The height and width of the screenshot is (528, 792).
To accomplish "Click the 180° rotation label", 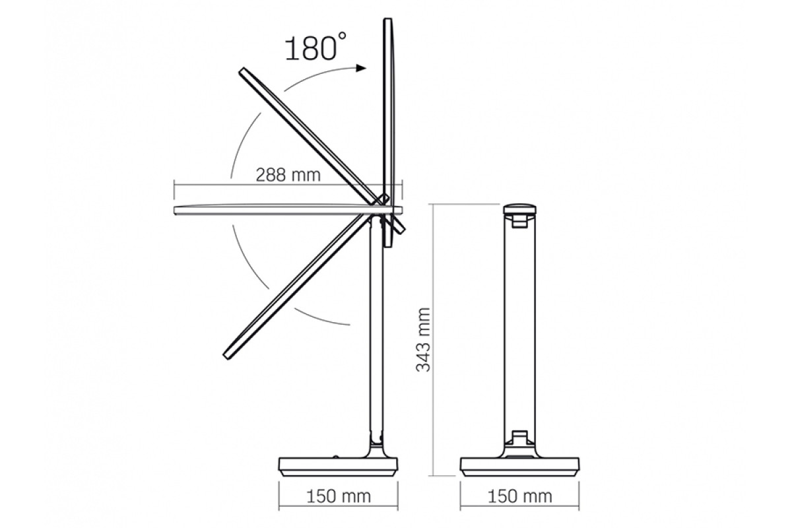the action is pos(315,47).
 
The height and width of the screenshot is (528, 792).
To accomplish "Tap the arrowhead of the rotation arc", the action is pos(361,68).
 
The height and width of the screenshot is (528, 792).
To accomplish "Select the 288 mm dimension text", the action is pos(288,175).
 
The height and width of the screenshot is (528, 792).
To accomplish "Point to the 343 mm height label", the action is pos(423,339).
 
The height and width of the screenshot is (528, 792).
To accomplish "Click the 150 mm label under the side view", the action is pos(339,496).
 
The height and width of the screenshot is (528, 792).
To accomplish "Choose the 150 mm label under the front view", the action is pos(520,496).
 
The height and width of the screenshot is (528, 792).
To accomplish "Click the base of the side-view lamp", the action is pos(339,467).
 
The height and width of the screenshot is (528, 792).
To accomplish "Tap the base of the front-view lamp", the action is pos(520,467).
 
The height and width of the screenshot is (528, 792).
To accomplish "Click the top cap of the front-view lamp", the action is pos(520,209).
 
